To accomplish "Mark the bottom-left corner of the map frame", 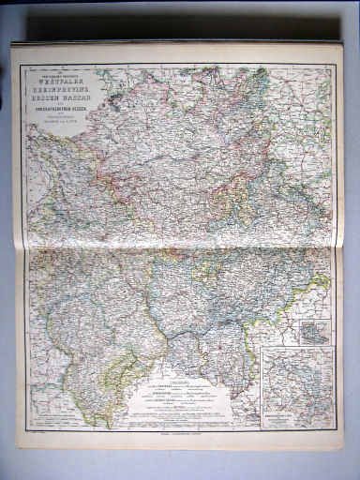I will coord(26,431).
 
